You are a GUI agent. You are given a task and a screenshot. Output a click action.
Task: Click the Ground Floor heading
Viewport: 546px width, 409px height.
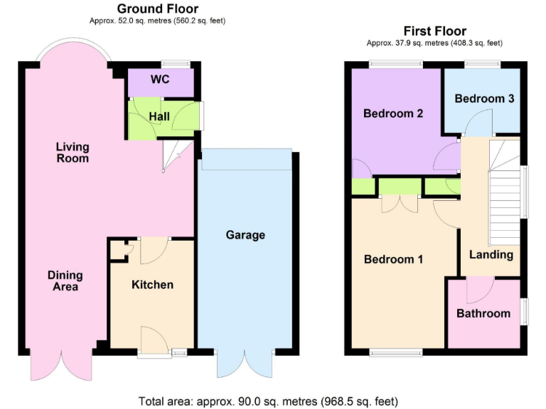[x=157, y=9]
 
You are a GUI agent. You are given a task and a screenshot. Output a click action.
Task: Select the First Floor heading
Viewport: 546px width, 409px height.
[x=434, y=31]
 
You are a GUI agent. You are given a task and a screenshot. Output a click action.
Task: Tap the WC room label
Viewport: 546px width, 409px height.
[x=160, y=80]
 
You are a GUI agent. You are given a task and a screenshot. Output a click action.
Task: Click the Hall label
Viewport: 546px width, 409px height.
[x=159, y=116]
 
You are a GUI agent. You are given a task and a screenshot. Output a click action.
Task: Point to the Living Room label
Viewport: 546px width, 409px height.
[x=73, y=153]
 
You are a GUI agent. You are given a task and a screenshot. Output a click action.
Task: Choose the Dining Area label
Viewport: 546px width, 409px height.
[x=65, y=281]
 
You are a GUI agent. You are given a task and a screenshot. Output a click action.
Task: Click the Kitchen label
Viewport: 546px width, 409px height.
[x=152, y=285]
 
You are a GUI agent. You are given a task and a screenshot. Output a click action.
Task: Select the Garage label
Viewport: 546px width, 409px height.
[x=245, y=235]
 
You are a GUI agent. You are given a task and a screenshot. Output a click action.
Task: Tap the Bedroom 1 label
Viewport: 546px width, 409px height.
[x=393, y=259]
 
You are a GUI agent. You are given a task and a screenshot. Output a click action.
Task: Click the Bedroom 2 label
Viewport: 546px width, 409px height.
[x=393, y=114]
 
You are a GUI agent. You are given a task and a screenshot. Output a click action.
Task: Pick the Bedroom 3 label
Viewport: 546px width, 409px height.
[x=484, y=99]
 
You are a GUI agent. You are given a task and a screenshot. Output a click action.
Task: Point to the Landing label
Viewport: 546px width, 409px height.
[x=491, y=254]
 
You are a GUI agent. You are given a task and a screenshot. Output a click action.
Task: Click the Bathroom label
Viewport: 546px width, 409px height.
[x=483, y=313]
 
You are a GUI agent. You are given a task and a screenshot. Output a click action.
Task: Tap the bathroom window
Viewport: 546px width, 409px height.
[x=525, y=311]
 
